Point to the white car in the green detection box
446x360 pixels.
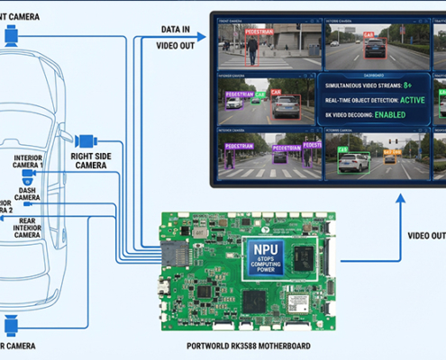353,162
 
